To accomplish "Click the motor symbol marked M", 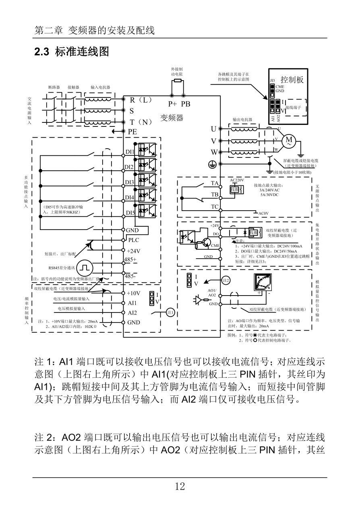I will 289,140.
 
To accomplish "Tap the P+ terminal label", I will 172,104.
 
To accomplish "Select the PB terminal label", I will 185,104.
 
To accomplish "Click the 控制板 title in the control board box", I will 292,79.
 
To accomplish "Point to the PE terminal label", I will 132,131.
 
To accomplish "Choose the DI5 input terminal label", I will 130,213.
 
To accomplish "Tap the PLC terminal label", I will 133,240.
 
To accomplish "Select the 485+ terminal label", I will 130,259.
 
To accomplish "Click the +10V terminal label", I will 133,293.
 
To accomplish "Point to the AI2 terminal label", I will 132,312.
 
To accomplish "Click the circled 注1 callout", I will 170,312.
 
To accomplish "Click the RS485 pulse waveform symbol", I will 85,268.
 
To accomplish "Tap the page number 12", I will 180,486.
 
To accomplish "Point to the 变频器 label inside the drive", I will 172,118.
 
